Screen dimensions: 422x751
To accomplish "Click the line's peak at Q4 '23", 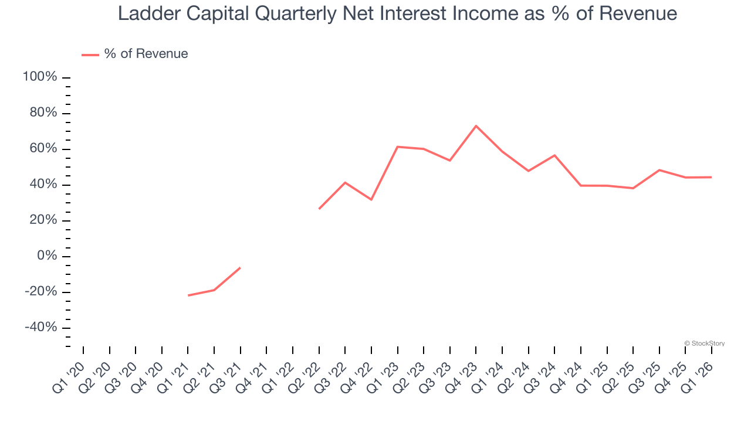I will [x=476, y=126].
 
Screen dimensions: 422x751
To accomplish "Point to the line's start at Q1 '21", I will [x=188, y=295].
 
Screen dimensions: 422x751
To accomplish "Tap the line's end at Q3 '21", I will [x=240, y=268].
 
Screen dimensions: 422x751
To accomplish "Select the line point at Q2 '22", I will [x=319, y=209].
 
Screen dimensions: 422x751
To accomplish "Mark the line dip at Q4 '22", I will [x=371, y=200].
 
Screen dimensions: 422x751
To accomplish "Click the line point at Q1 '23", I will [x=397, y=147].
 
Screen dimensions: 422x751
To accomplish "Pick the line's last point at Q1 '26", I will [x=712, y=177].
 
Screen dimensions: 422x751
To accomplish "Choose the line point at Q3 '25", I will [x=659, y=170].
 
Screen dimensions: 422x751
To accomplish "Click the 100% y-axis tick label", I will [x=40, y=77].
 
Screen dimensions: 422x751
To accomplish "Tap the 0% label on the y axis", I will [x=47, y=256].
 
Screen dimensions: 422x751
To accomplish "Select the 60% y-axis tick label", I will [x=43, y=149].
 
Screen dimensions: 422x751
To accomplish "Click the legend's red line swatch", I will [x=90, y=55].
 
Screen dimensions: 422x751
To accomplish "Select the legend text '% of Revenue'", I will [x=146, y=54].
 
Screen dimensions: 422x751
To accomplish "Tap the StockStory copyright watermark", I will [x=704, y=343].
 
